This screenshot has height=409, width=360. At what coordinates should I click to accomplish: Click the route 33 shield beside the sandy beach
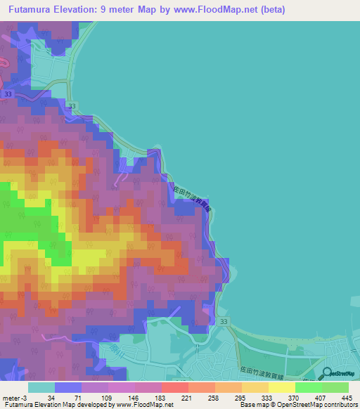223,321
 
